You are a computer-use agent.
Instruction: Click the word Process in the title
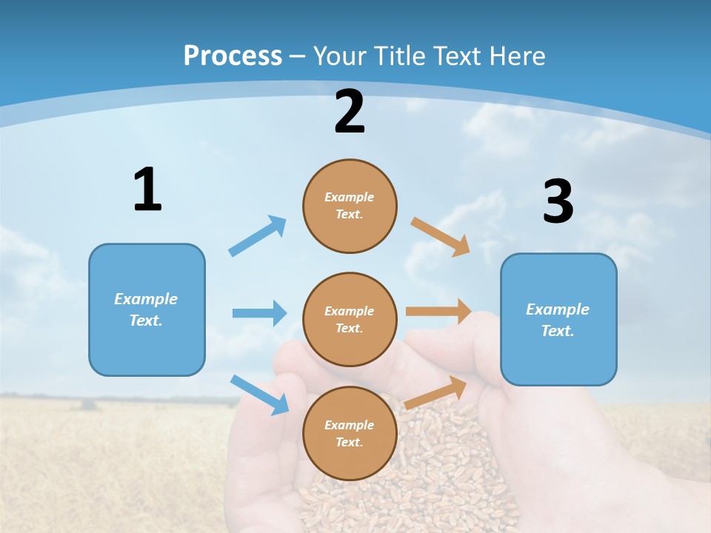233,56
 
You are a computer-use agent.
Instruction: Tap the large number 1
147,190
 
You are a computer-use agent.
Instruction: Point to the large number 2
350,112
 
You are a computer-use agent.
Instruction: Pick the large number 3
558,202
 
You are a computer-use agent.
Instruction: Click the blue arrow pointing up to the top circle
258,236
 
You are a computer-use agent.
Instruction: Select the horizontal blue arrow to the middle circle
259,313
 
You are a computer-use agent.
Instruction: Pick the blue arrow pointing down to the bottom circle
259,394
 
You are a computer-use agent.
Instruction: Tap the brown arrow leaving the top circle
440,236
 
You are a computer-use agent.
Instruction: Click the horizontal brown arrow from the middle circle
438,312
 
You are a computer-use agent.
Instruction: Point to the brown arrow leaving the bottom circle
435,392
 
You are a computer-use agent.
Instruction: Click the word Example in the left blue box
146,299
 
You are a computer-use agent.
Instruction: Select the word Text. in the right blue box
558,331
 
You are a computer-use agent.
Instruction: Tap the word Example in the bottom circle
350,425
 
